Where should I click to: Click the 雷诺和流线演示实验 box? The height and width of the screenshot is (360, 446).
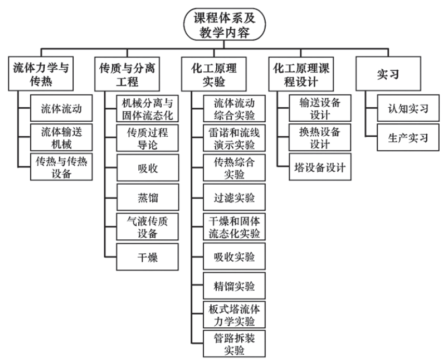click(x=233, y=138)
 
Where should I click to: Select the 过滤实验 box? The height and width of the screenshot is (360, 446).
click(x=233, y=198)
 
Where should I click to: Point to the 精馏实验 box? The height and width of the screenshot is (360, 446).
click(x=233, y=286)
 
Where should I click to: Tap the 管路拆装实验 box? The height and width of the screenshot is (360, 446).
click(x=233, y=343)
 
